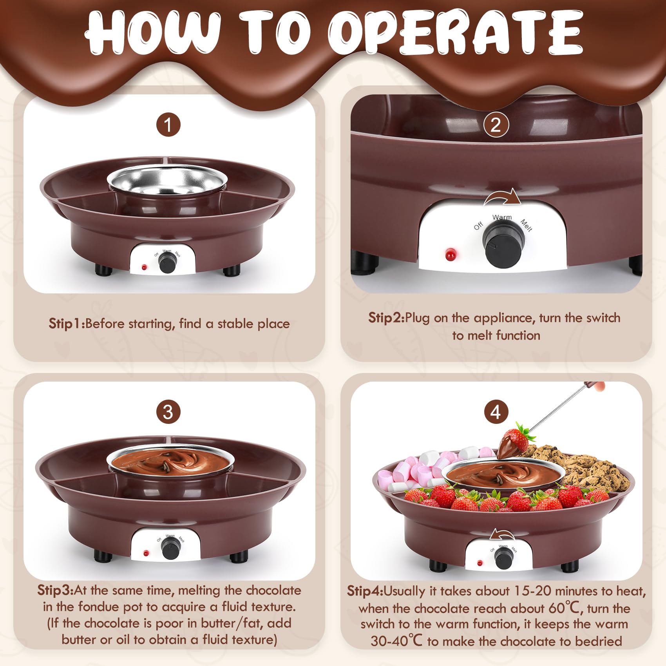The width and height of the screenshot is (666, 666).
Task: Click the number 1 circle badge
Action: pos(168,125)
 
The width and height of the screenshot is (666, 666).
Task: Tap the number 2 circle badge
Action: pos(496,125)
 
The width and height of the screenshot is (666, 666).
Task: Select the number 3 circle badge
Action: pos(168,412)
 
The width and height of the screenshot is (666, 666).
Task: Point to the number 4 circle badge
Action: pos(496,412)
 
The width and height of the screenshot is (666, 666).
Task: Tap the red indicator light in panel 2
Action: pos(451,255)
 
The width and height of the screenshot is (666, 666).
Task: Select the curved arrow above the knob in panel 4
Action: pos(502,534)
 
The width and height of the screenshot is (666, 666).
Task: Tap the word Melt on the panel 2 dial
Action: pos(526,225)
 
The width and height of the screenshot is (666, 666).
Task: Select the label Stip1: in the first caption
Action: pos(67,324)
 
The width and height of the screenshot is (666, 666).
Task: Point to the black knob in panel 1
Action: pos(168,262)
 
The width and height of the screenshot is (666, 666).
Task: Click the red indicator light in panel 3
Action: pos(146,553)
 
